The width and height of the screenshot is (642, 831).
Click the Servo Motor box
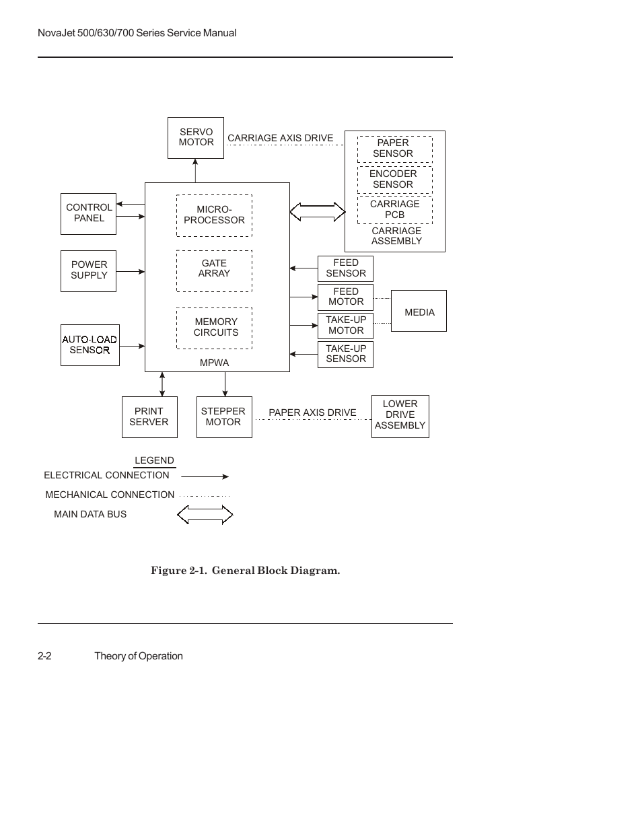pyautogui.click(x=196, y=138)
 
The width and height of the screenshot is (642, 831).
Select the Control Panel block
pyautogui.click(x=88, y=213)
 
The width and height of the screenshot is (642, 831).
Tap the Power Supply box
pyautogui.click(x=88, y=270)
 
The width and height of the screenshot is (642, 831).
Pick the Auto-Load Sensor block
pyautogui.click(x=90, y=345)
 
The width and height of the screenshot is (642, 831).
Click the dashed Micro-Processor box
pyautogui.click(x=214, y=215)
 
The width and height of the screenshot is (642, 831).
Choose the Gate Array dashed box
pyautogui.click(x=214, y=270)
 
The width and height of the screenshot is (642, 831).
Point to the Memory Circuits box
pyautogui.click(x=214, y=328)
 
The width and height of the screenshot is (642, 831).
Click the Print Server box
pyautogui.click(x=149, y=417)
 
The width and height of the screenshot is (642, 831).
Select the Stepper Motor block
pyautogui.click(x=224, y=417)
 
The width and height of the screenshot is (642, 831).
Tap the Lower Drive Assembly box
pyautogui.click(x=400, y=416)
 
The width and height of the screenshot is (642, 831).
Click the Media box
pyautogui.click(x=419, y=311)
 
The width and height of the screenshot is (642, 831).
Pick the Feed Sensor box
pyautogui.click(x=345, y=268)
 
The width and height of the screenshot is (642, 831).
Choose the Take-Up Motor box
pyautogui.click(x=345, y=326)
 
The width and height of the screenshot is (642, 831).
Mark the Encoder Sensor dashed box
pyautogui.click(x=394, y=180)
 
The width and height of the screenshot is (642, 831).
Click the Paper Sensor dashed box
pyautogui.click(x=394, y=149)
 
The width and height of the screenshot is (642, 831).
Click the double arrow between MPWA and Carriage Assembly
pyautogui.click(x=317, y=212)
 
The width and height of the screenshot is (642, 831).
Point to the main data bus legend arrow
pyautogui.click(x=205, y=515)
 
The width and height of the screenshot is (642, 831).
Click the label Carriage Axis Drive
pyautogui.click(x=280, y=139)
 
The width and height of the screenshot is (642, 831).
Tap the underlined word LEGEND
pyautogui.click(x=154, y=461)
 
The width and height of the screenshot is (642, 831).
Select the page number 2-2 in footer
pyautogui.click(x=45, y=656)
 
